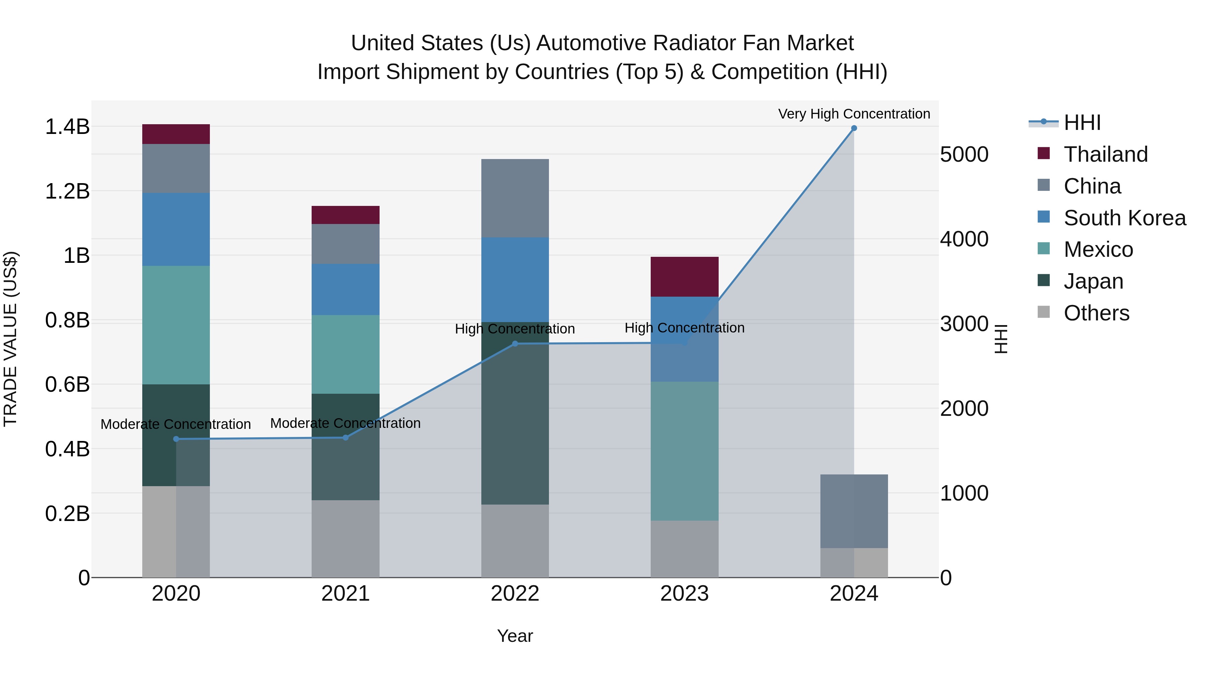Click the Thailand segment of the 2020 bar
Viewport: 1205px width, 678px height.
coord(176,134)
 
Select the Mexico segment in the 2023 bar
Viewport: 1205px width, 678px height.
coord(685,451)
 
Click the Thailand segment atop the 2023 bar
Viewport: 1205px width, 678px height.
coord(685,277)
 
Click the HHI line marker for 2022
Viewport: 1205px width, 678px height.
coord(515,344)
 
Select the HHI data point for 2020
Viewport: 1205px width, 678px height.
coord(176,439)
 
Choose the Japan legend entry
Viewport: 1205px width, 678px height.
coord(1093,281)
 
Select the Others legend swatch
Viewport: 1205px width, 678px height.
coord(1044,313)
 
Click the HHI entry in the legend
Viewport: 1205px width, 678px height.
coord(1081,123)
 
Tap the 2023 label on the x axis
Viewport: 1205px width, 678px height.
coord(685,594)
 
